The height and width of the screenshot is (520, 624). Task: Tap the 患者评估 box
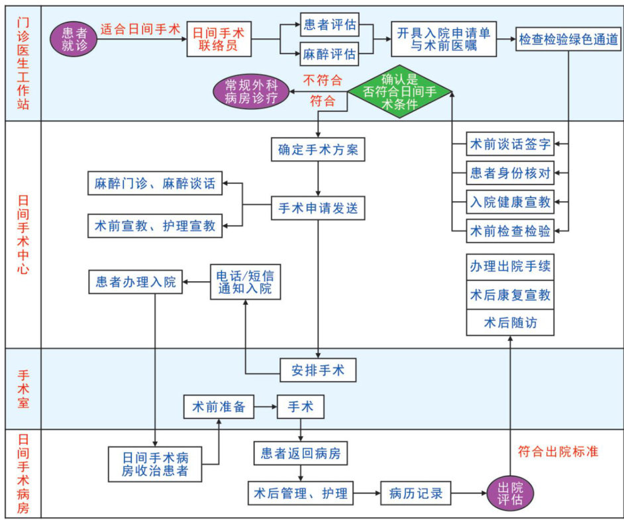[329, 25]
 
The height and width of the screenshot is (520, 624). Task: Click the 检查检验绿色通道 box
[569, 39]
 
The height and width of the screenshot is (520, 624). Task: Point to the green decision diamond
[399, 92]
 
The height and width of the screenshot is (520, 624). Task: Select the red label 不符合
[323, 81]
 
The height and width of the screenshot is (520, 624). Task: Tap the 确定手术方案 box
[318, 150]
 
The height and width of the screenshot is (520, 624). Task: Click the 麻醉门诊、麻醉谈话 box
[155, 183]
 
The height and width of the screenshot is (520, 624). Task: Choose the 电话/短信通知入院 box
[245, 282]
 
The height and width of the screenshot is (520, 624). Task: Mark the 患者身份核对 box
[510, 173]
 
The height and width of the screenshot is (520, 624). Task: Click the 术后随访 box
[510, 323]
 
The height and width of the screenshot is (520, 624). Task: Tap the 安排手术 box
[318, 369]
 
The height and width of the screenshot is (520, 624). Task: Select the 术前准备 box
[219, 407]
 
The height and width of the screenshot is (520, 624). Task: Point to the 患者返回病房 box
[301, 453]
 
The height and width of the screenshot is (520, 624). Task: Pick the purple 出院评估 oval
[510, 494]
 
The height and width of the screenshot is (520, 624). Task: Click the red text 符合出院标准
[558, 452]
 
